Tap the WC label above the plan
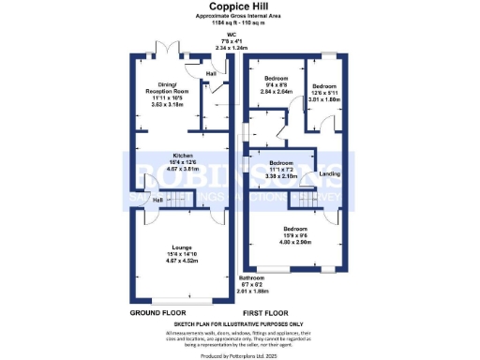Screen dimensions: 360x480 tap(240, 34)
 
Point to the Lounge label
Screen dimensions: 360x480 tap(181, 247)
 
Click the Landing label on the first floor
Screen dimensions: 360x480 tap(330, 173)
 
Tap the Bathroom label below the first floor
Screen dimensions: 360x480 tap(250, 278)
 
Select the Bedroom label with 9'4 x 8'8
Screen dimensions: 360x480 tap(276, 78)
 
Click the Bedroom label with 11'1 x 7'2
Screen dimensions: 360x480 tap(281, 161)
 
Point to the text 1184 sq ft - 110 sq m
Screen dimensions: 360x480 tap(240, 23)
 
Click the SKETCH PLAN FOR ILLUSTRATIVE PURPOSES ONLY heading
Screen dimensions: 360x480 tap(240, 324)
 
